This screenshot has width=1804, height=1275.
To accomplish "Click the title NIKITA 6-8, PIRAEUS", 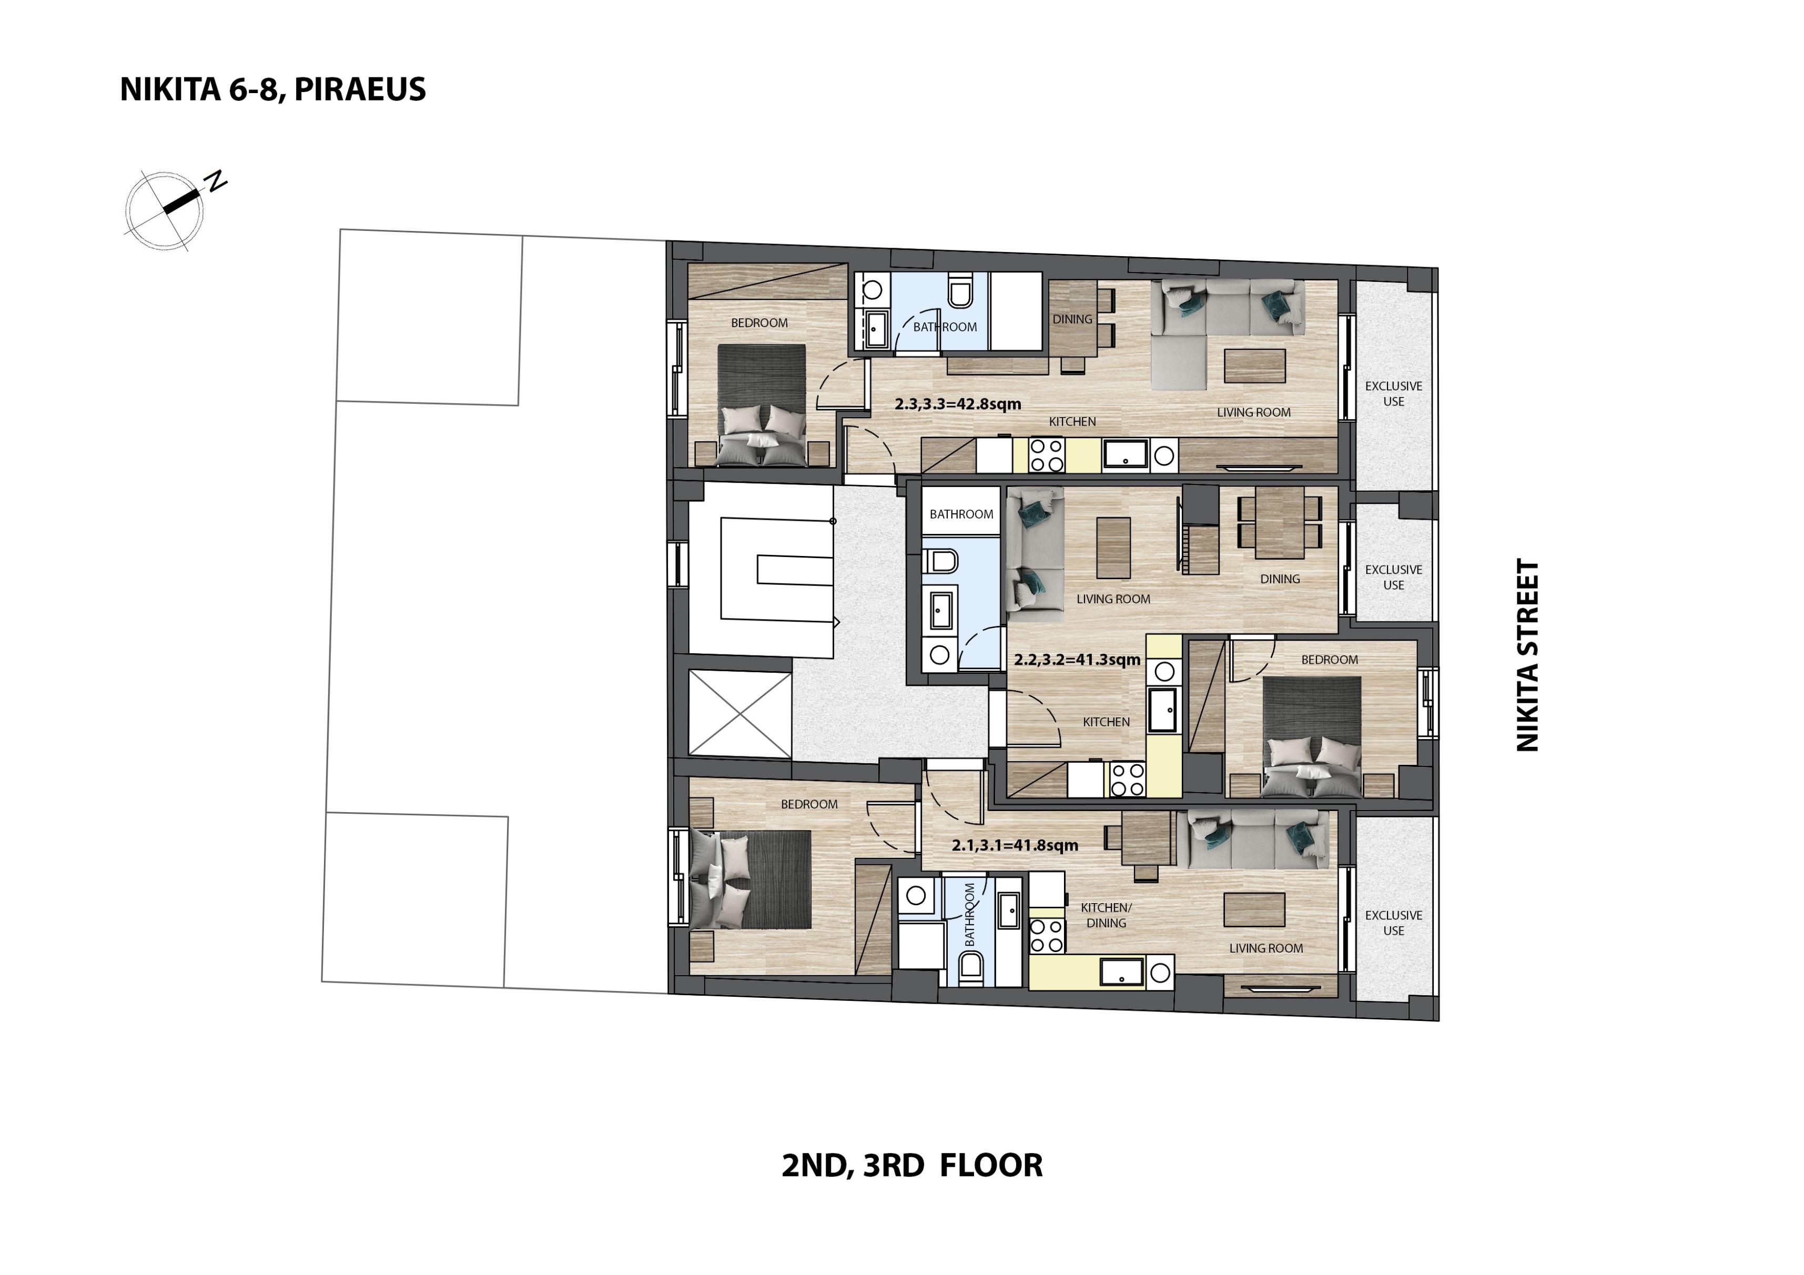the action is [x=272, y=89].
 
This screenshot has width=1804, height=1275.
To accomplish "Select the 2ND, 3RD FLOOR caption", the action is [x=912, y=1165].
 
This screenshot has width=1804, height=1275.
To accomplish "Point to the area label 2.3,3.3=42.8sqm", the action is [x=958, y=404].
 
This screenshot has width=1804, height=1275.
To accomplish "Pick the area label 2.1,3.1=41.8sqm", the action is [x=1015, y=845].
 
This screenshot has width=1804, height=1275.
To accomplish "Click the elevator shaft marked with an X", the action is [x=740, y=714].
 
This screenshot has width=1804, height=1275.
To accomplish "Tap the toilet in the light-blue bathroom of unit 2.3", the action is [x=960, y=291].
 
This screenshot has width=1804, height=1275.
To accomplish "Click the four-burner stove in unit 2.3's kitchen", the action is [x=1047, y=455].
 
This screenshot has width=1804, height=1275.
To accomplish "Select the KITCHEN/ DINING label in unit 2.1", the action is [x=1106, y=915].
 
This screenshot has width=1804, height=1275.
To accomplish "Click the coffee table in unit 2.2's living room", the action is [x=1113, y=548].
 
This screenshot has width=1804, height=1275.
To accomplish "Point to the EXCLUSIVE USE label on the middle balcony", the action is [x=1394, y=578].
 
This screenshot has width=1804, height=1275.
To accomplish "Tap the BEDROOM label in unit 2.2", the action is [x=1330, y=660].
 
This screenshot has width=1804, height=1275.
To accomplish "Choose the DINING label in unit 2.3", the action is [x=1072, y=319].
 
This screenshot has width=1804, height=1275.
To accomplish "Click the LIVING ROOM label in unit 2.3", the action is [x=1254, y=412].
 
